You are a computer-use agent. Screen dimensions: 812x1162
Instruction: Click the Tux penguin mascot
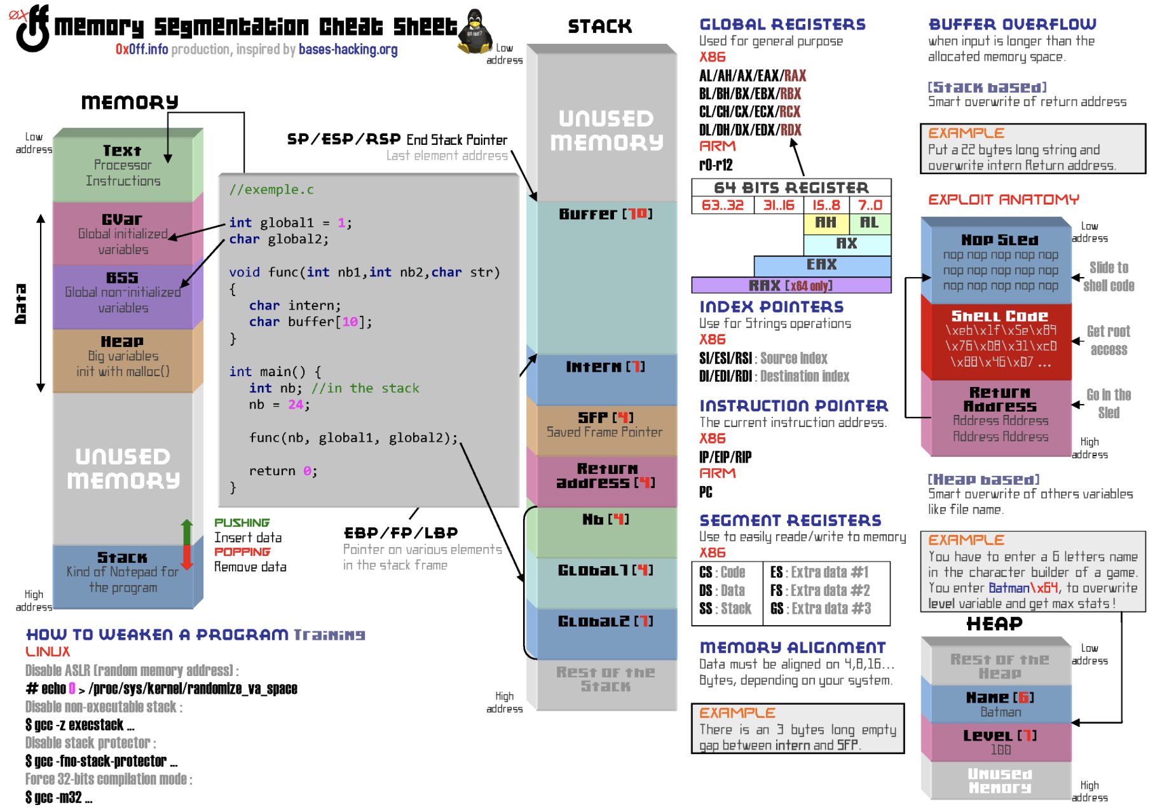475,32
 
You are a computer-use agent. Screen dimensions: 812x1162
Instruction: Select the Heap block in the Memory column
123,356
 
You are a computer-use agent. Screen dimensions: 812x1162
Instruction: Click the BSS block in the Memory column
123,293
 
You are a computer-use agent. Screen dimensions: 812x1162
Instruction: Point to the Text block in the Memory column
123,166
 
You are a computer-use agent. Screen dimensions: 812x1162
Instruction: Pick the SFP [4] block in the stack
605,425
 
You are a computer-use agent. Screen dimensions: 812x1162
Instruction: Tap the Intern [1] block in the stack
605,375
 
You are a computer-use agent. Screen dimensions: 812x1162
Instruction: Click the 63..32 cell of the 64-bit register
722,205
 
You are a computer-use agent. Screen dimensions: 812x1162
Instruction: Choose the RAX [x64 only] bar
791,285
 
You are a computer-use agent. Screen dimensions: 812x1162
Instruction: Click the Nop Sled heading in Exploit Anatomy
999,240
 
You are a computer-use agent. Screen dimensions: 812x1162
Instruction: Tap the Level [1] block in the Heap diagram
999,741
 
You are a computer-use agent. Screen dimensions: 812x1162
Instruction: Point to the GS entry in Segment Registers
820,609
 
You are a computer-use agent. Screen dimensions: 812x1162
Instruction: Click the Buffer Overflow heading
1012,25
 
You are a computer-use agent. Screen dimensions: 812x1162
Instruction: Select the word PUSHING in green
242,522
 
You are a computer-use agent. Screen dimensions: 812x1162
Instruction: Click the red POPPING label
242,551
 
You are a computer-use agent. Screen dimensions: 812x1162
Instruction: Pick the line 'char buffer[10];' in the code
310,321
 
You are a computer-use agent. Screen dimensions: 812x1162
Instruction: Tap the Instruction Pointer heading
793,406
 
